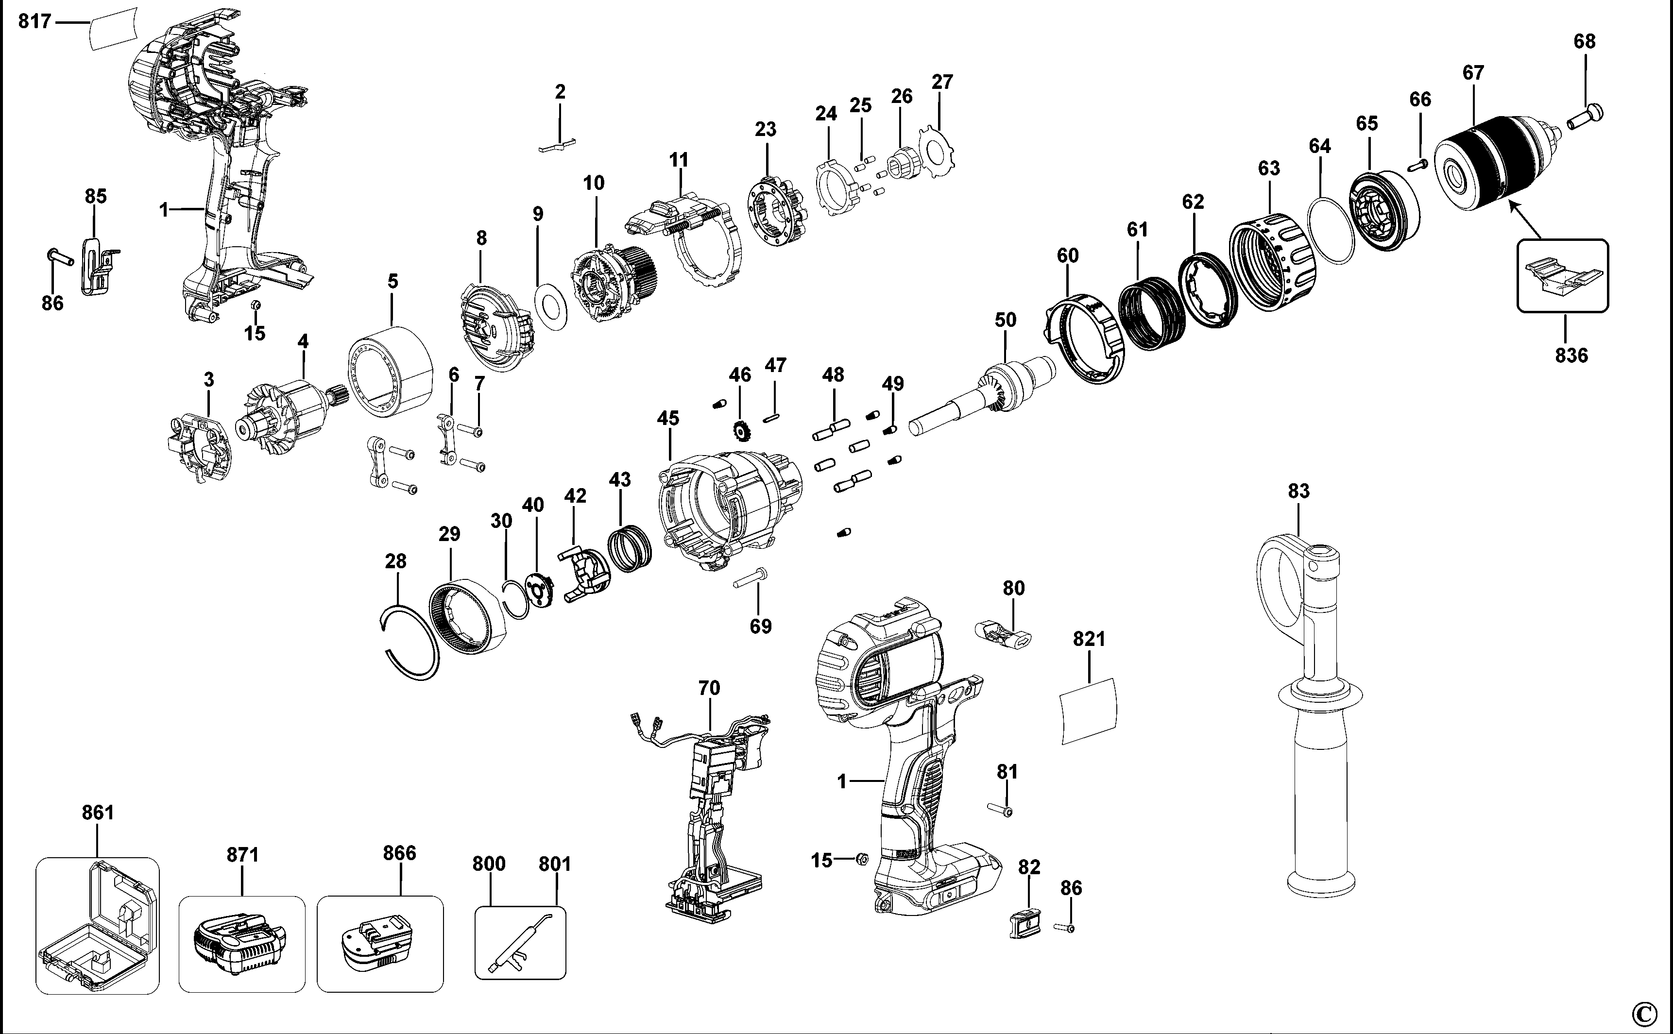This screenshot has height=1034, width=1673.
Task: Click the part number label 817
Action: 34,22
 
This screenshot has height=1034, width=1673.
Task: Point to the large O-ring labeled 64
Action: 1331,230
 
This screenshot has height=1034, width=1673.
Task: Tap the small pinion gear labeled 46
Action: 741,431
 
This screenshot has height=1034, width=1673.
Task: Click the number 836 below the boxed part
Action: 1571,355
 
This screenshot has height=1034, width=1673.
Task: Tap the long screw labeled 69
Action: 751,578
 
